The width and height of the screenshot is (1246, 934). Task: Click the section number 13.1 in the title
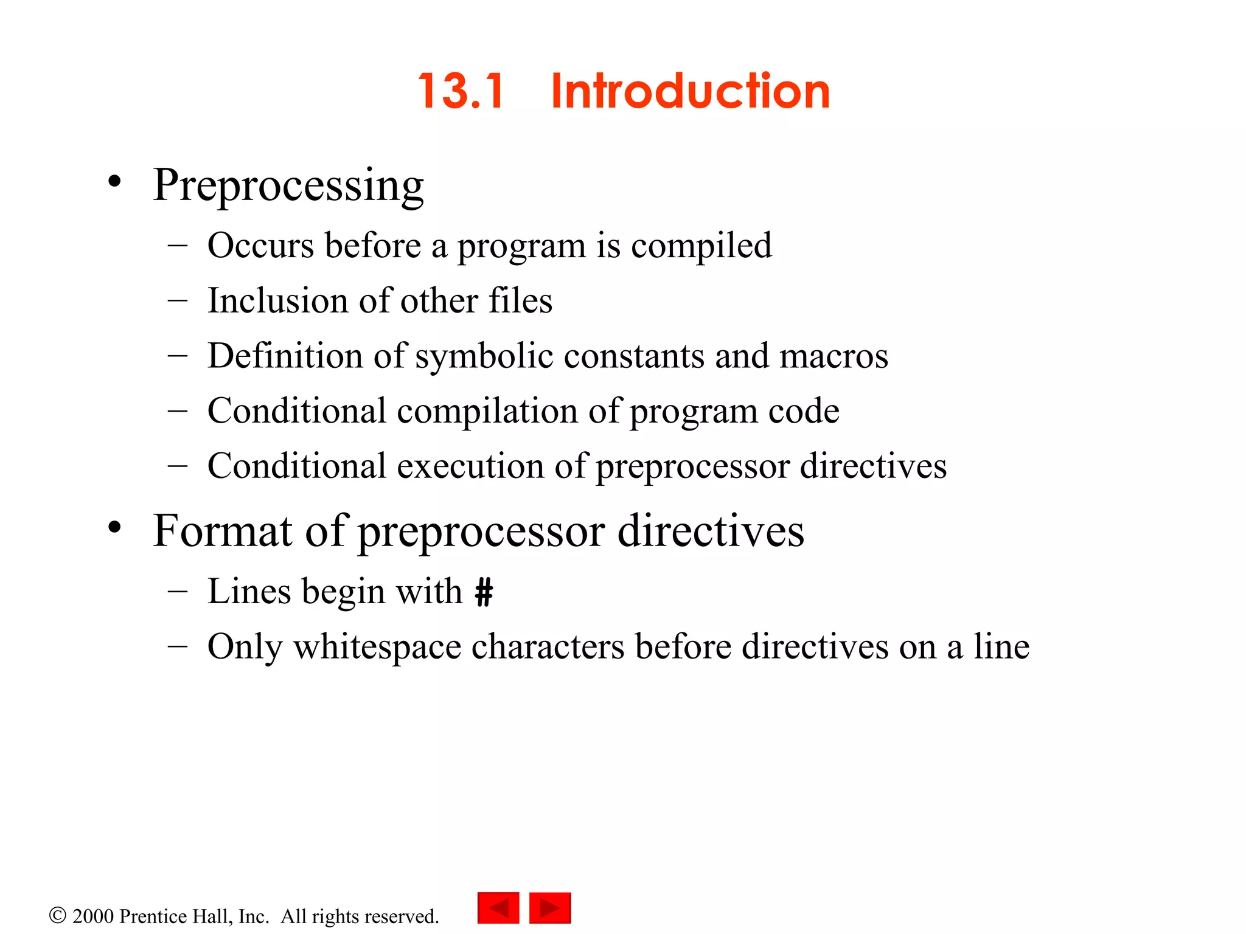pos(461,91)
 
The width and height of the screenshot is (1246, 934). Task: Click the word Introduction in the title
pos(690,91)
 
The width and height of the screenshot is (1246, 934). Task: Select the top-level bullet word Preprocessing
pos(288,185)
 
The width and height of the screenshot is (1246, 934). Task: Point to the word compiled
pos(701,246)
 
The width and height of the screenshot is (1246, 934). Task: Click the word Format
pos(222,531)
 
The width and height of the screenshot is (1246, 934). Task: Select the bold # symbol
pos(484,592)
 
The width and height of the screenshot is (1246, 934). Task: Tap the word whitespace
pos(377,646)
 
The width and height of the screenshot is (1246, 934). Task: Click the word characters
pos(548,646)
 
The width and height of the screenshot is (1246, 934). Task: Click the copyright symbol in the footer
pos(57,915)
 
